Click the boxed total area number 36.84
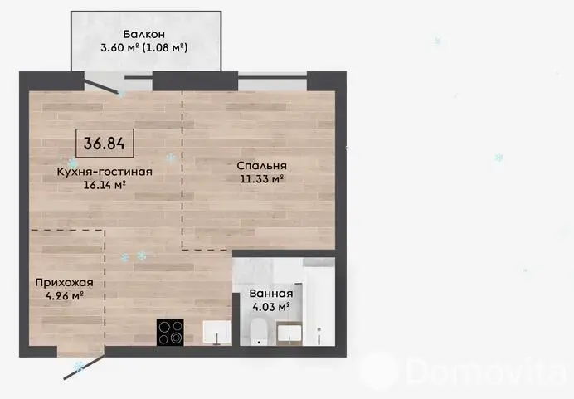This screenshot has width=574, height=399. [105, 144]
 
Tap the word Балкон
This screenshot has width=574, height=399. [143, 34]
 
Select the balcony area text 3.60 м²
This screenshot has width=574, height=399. [119, 47]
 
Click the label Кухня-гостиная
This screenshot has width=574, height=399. [105, 172]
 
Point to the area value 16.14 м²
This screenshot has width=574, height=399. [105, 185]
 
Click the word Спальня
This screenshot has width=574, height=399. [262, 166]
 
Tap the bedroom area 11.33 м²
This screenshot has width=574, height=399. [262, 179]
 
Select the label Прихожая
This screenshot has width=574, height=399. [65, 283]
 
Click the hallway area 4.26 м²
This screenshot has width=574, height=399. [65, 295]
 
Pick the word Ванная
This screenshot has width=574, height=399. [271, 294]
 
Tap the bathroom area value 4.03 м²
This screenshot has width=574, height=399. [271, 306]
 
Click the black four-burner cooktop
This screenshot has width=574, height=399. [170, 332]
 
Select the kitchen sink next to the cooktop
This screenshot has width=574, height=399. [217, 333]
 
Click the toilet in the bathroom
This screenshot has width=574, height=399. [260, 332]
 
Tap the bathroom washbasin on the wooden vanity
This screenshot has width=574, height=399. [289, 333]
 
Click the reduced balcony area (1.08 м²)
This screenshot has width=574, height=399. [165, 47]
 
